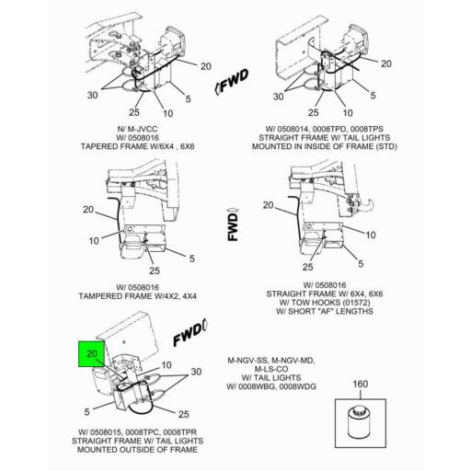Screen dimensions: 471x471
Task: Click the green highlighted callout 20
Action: click(91, 353)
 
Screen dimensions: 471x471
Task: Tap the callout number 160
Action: click(361, 384)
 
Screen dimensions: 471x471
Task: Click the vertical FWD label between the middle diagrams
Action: click(233, 224)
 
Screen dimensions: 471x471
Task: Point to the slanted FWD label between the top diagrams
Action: click(232, 81)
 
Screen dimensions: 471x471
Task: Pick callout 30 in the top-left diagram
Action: click(92, 95)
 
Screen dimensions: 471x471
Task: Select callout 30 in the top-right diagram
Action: click(278, 97)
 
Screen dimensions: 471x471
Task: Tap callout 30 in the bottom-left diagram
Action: click(196, 372)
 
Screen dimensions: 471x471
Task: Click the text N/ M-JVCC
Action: click(138, 129)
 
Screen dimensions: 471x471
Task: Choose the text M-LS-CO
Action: click(271, 369)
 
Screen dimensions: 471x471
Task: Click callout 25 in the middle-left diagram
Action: click(155, 270)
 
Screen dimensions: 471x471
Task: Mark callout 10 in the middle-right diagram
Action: click(371, 235)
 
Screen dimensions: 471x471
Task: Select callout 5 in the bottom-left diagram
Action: click(87, 411)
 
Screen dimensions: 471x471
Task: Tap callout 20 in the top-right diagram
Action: click(386, 63)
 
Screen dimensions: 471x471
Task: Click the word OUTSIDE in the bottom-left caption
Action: click(137, 450)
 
